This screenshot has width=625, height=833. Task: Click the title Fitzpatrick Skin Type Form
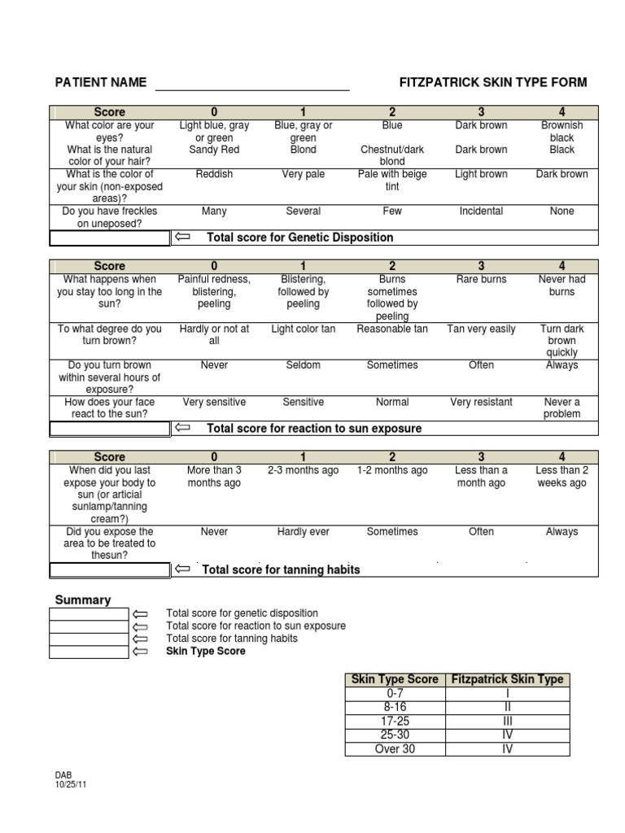click(x=492, y=82)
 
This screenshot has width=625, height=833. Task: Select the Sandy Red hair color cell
click(x=214, y=150)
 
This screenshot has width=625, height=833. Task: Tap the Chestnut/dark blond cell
click(x=392, y=155)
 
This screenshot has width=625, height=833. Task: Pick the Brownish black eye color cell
click(x=562, y=132)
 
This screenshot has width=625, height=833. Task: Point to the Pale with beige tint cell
click(x=392, y=181)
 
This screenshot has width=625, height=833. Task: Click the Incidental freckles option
click(x=481, y=211)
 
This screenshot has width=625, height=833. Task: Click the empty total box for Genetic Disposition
click(x=110, y=238)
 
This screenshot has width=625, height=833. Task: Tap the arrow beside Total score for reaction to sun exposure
click(x=182, y=428)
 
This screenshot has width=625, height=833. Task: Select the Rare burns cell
click(x=481, y=279)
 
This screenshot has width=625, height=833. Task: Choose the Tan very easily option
click(x=481, y=329)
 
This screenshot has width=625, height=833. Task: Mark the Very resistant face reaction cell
click(x=481, y=402)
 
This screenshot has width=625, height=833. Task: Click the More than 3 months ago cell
click(x=214, y=477)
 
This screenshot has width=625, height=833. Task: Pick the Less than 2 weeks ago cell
click(x=562, y=477)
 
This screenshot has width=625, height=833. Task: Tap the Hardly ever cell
click(x=304, y=531)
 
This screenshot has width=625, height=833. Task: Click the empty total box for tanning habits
click(x=110, y=569)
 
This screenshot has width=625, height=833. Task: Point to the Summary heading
click(x=82, y=600)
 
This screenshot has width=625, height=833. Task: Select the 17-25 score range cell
click(x=395, y=721)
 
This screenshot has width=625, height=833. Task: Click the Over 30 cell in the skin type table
click(x=395, y=748)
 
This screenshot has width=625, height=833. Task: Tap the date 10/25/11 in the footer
click(x=71, y=784)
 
